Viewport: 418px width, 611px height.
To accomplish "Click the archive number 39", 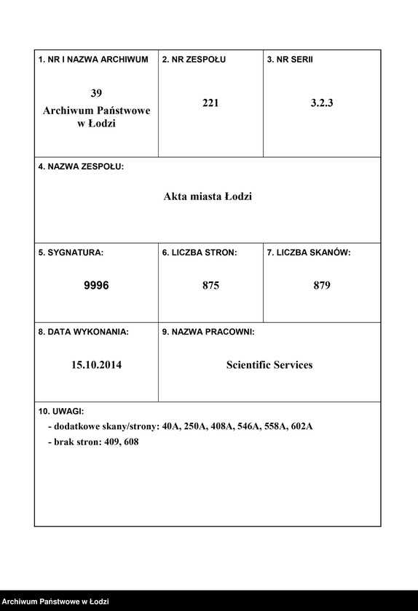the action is point(96,93).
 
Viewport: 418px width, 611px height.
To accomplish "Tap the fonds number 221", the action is point(210,103).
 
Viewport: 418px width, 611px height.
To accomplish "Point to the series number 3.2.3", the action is point(322,103).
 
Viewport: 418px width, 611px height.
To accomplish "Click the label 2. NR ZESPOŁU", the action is point(194,60).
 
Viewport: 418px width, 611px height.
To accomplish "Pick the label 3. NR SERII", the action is point(290,60).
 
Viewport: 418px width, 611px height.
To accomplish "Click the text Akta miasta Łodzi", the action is point(208,196).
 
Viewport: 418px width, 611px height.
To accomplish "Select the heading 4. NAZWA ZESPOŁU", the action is point(81,167).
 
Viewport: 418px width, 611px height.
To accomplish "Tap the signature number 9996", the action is point(96,286).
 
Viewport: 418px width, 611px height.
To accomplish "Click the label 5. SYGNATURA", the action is point(71,252).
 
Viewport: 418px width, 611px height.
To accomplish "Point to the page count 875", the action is point(210,286).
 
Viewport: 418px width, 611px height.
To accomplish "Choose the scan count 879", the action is point(322,286).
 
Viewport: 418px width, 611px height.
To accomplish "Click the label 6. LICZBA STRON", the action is point(200,252).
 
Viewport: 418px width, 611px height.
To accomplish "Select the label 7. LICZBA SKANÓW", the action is point(309,252).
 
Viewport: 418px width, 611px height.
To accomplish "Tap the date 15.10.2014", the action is point(96,365).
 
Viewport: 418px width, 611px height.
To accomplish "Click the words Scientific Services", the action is point(269,365).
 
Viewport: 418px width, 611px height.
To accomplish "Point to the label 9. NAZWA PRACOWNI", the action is point(208,332).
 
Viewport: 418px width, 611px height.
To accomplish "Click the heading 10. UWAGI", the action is point(61,411).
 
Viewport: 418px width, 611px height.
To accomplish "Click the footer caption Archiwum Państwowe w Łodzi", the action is point(55,602).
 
